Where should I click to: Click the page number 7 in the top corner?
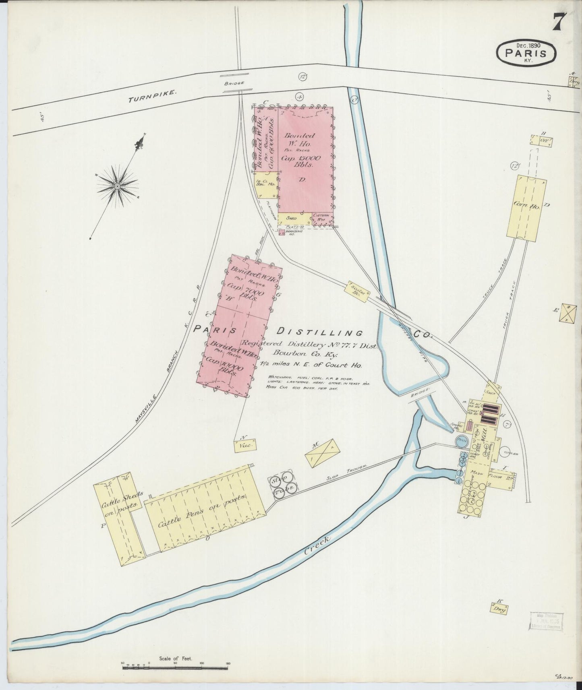click(559, 21)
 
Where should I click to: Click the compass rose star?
click(117, 186)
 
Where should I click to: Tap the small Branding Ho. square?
click(282, 232)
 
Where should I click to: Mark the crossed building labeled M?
click(323, 453)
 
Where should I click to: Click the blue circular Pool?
click(462, 441)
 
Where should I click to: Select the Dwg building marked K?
click(499, 608)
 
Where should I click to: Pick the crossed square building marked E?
click(568, 313)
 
